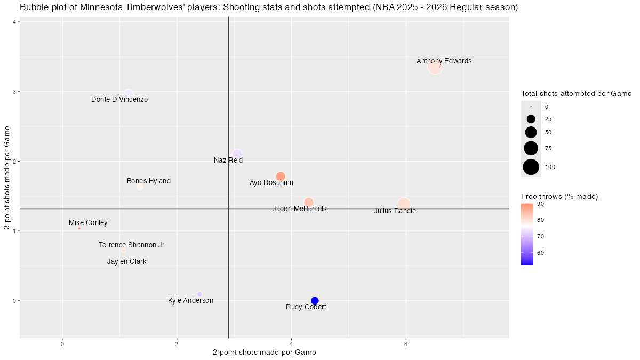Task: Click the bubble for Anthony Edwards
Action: coord(435,67)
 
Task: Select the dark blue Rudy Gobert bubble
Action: coord(315,301)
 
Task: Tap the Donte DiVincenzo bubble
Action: coord(129,93)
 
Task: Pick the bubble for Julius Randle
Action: coord(404,204)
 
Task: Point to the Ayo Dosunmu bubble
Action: coord(281,177)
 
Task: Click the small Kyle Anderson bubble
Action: coord(199,294)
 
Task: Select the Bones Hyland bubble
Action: coord(140,187)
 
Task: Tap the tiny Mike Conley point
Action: coord(79,228)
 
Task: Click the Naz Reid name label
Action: coord(228,160)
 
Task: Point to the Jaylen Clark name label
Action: coord(126,262)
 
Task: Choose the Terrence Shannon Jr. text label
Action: coord(132,245)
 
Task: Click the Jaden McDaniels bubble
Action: coord(308,202)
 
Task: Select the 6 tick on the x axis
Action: coord(406,344)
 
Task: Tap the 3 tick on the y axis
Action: coord(14,92)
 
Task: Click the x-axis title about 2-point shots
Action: coord(264,353)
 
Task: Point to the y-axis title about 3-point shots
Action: coord(7,178)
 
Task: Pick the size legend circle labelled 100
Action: coord(531,167)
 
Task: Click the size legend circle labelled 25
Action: coord(531,119)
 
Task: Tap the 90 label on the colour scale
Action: coord(540,204)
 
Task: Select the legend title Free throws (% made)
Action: coord(559,197)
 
